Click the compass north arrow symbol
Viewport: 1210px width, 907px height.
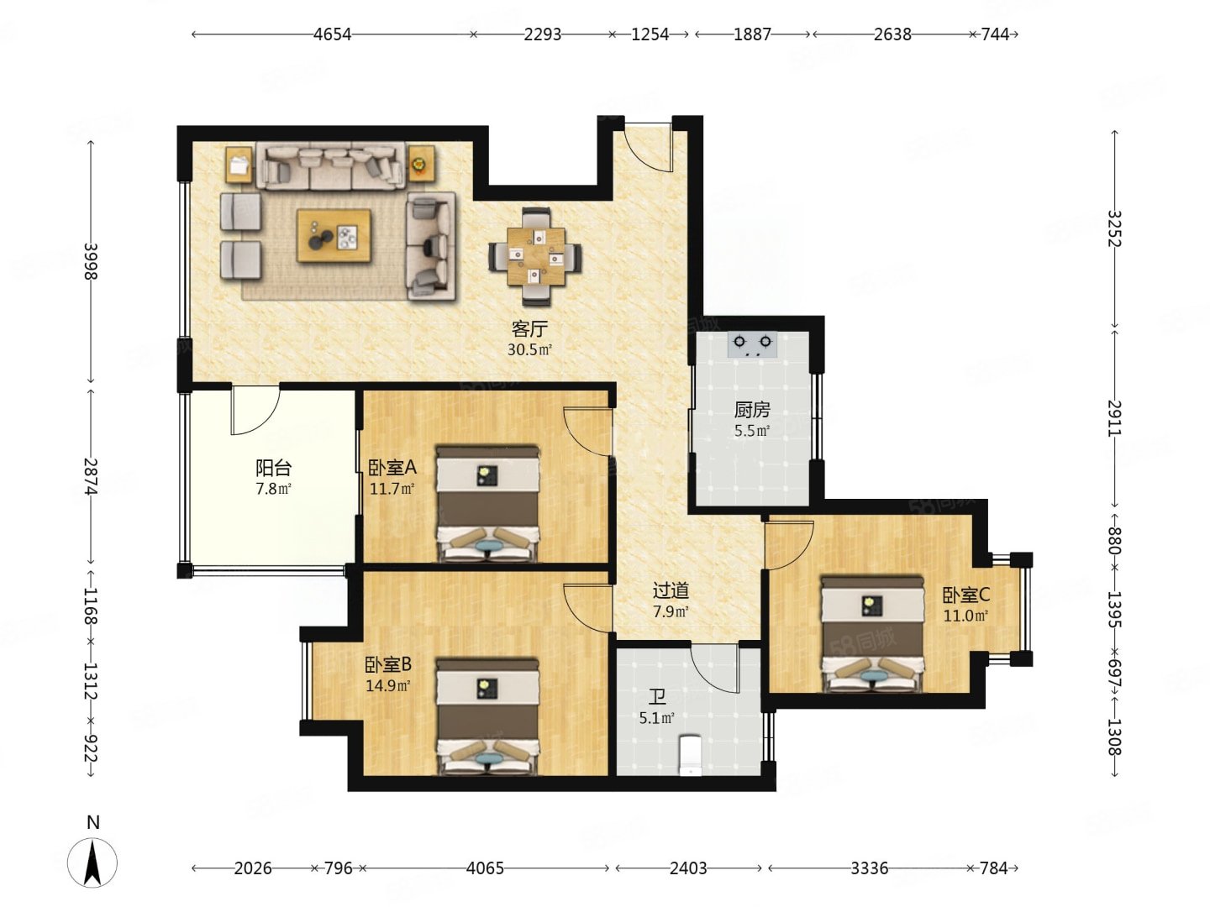coord(92,863)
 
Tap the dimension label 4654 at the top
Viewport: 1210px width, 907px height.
coord(332,34)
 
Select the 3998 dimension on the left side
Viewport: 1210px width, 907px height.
coord(91,261)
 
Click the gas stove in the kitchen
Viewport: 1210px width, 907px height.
coord(752,343)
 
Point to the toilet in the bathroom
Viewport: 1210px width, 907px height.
coord(691,754)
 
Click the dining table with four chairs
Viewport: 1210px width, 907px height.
coord(535,256)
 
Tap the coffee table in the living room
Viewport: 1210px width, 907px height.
coord(334,235)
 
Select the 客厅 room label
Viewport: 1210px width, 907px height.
coord(529,328)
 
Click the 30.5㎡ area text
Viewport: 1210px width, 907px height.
coord(529,349)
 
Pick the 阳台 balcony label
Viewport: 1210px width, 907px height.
coord(273,468)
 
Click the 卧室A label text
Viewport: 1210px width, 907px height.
coord(392,468)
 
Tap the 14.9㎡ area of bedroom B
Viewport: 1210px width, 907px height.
coord(388,685)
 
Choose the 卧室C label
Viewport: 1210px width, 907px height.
coord(965,595)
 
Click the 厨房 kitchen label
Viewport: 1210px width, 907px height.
coord(752,410)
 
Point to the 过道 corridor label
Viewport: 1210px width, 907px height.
coord(671,590)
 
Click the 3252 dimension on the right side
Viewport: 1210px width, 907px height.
coord(1114,228)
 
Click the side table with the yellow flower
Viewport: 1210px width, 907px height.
coord(421,164)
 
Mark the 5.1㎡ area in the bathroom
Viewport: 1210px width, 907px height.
coord(657,718)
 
